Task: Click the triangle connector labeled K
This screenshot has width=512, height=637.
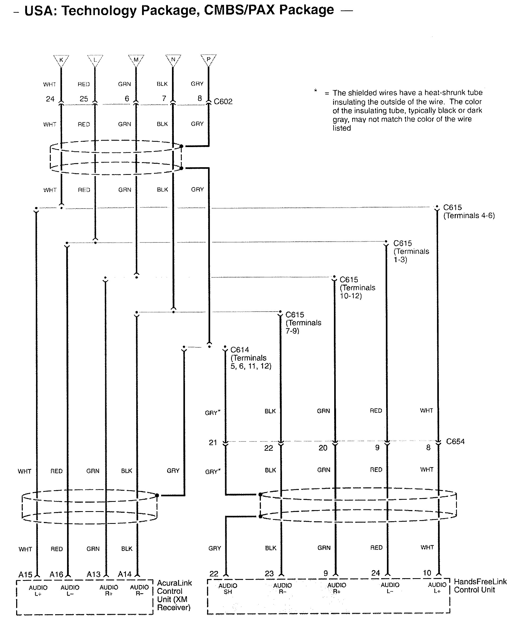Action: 61,60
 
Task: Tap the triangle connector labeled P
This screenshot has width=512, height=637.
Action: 208,60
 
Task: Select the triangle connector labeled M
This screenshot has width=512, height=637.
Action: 136,60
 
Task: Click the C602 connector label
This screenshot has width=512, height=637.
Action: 223,102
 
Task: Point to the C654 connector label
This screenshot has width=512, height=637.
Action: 455,441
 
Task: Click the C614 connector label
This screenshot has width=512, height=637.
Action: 240,350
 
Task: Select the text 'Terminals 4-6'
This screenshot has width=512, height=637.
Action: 469,216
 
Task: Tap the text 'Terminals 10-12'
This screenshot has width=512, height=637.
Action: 357,292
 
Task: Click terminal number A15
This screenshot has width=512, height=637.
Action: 25,575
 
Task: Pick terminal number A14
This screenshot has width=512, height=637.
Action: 124,574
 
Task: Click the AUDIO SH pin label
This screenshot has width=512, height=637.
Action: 228,589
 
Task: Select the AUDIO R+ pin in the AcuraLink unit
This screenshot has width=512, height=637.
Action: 109,590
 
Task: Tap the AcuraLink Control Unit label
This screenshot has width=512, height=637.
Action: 174,595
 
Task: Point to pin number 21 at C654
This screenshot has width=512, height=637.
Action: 213,443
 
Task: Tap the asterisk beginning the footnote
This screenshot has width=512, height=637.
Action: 316,90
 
